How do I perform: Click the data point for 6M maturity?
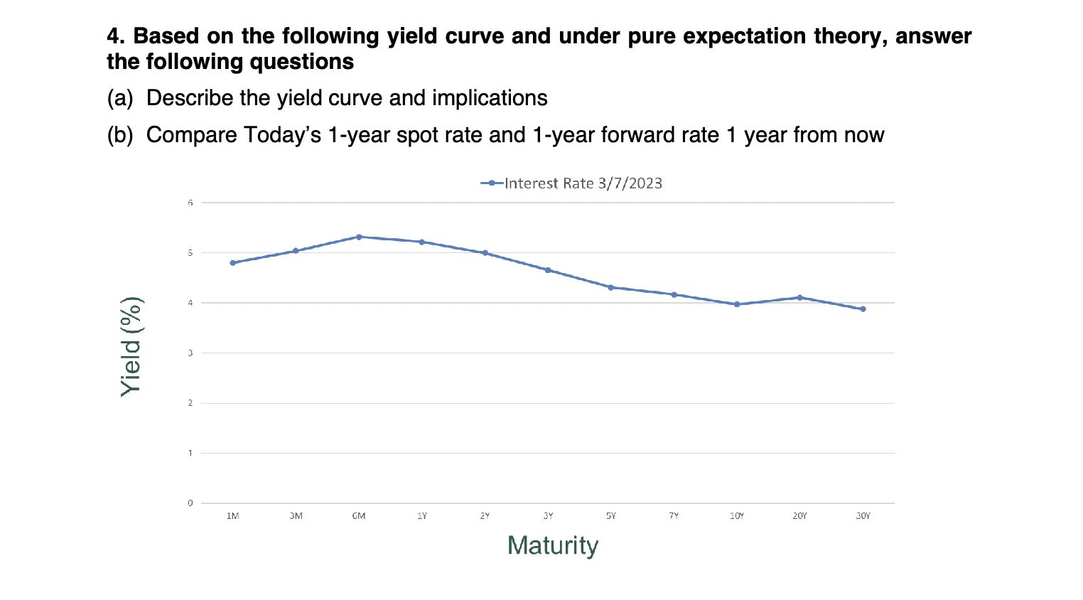click(359, 237)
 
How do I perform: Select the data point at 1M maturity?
click(232, 263)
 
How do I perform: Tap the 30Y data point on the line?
click(863, 309)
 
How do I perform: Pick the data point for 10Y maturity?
click(737, 304)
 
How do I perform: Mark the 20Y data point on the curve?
click(800, 298)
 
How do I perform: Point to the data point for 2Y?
click(485, 253)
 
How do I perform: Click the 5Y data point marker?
click(611, 287)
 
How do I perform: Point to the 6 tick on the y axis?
click(190, 203)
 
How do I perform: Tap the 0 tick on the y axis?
click(190, 503)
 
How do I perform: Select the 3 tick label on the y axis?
click(190, 353)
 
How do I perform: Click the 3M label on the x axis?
click(296, 516)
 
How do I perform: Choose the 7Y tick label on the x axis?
click(674, 516)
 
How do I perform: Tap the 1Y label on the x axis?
click(422, 516)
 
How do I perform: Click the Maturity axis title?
click(553, 546)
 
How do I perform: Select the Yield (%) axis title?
click(131, 346)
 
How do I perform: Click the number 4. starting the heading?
click(117, 36)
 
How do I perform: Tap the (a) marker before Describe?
click(120, 98)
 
